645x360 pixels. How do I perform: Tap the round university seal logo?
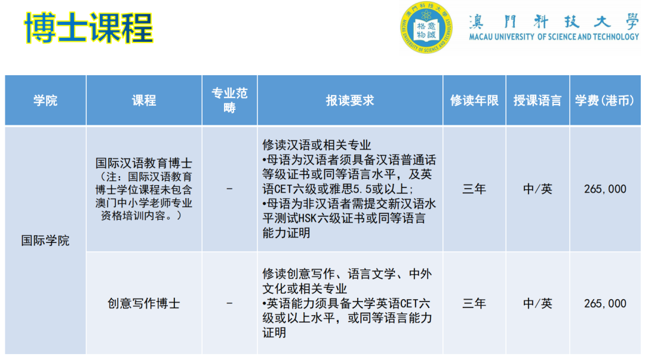click(x=426, y=27)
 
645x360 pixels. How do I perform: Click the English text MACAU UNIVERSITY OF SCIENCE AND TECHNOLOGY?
click(x=554, y=37)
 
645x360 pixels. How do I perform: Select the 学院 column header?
click(x=45, y=100)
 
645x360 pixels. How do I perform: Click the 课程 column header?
click(x=144, y=100)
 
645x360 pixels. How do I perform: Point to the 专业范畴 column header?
click(x=229, y=100)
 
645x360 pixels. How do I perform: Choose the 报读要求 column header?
click(x=350, y=100)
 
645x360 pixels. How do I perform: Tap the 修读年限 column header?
click(x=474, y=100)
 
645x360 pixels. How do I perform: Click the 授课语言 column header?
click(x=537, y=100)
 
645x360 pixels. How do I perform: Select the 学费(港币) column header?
click(x=604, y=100)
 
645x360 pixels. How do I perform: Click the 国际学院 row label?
click(x=45, y=241)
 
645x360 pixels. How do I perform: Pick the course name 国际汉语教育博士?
click(x=144, y=163)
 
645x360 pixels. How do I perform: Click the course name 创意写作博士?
click(x=144, y=303)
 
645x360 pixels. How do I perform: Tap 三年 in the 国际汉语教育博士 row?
click(x=474, y=189)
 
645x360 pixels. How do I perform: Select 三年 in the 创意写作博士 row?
click(x=474, y=303)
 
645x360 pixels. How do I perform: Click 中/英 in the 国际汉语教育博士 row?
click(x=537, y=189)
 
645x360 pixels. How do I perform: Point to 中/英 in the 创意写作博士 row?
click(x=537, y=303)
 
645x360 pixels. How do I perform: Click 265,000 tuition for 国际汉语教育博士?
click(x=605, y=189)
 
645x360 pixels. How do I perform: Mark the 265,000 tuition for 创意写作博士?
click(x=605, y=303)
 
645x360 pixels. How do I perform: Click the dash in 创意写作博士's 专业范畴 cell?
click(x=229, y=303)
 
